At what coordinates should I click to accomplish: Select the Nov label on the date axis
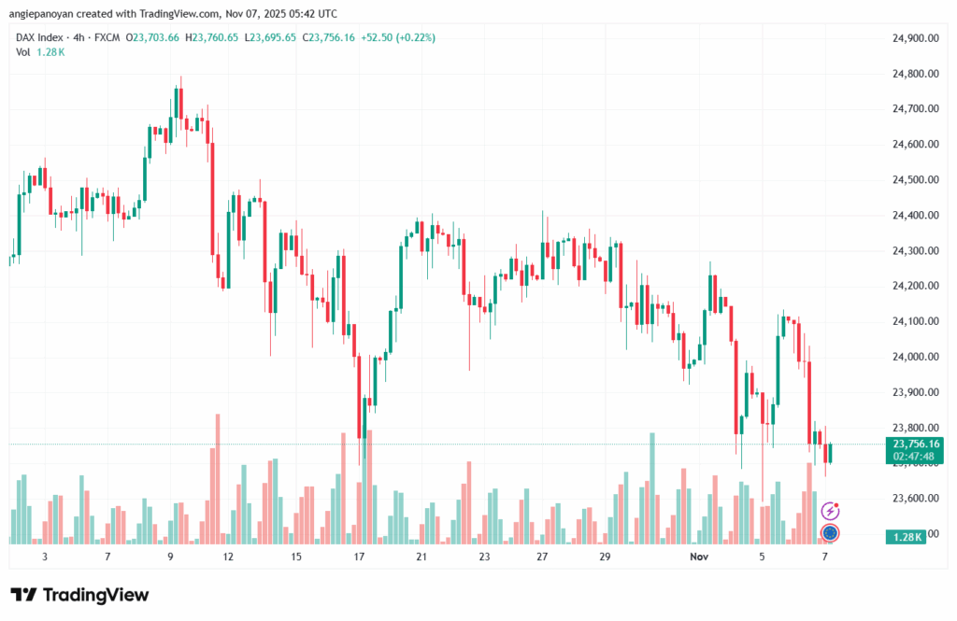pos(698,557)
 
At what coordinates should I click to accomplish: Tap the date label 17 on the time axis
pos(358,557)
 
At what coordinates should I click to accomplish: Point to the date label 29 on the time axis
pos(605,557)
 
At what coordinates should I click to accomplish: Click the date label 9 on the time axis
pos(170,557)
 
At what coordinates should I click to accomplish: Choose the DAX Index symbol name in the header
pos(42,37)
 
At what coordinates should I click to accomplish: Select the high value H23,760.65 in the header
pos(213,37)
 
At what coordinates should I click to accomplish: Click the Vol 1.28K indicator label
pos(40,51)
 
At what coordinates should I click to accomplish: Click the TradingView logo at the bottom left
pos(79,595)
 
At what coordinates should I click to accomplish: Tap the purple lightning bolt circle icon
pos(829,511)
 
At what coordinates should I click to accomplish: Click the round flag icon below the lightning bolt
pos(829,533)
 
